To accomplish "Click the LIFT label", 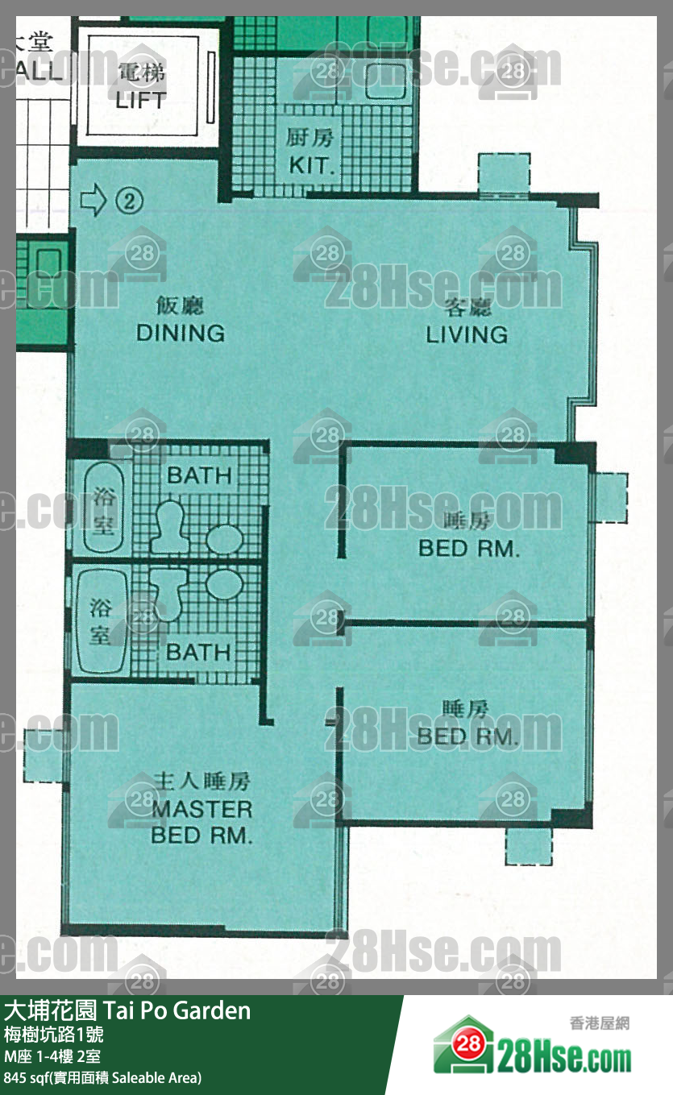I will point(140,100).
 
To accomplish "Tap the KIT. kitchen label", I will point(309,165).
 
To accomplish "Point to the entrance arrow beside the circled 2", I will point(94,201).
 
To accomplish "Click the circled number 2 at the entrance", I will point(129,201).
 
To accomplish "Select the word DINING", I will point(180,333).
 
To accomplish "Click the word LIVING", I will point(467,334).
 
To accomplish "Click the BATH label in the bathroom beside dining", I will point(198,475).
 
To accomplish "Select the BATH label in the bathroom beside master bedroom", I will point(198,651).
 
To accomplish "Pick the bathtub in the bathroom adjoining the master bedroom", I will point(99,620).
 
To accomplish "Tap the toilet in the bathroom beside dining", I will point(168,526).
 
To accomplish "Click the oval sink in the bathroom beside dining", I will point(225,539).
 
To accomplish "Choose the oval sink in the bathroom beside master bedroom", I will point(225,583).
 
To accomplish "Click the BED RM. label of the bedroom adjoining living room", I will point(468,549).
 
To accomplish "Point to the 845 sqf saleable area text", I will point(102,1077).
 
